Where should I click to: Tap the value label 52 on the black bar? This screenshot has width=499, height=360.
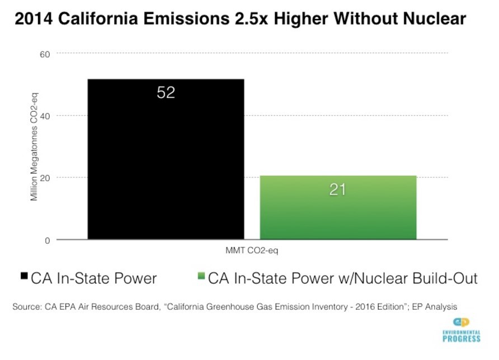pyautogui.click(x=166, y=93)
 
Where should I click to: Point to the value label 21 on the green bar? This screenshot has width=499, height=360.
pyautogui.click(x=337, y=190)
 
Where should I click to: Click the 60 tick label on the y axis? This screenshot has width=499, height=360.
pyautogui.click(x=44, y=54)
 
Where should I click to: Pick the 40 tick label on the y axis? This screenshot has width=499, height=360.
pyautogui.click(x=44, y=116)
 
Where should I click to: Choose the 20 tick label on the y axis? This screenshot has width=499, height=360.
pyautogui.click(x=44, y=178)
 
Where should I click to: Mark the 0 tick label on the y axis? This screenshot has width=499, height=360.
pyautogui.click(x=47, y=240)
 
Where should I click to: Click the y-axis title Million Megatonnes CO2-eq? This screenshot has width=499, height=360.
pyautogui.click(x=35, y=146)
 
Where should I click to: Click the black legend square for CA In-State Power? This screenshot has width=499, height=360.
pyautogui.click(x=24, y=277)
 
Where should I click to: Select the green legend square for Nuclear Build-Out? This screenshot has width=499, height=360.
pyautogui.click(x=200, y=277)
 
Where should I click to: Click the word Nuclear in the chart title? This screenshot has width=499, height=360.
pyautogui.click(x=431, y=20)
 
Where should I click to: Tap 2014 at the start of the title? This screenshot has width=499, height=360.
pyautogui.click(x=35, y=20)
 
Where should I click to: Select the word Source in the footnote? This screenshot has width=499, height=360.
pyautogui.click(x=25, y=306)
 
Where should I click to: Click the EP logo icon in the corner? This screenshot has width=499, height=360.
pyautogui.click(x=461, y=323)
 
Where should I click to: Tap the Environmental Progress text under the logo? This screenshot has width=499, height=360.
pyautogui.click(x=461, y=335)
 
